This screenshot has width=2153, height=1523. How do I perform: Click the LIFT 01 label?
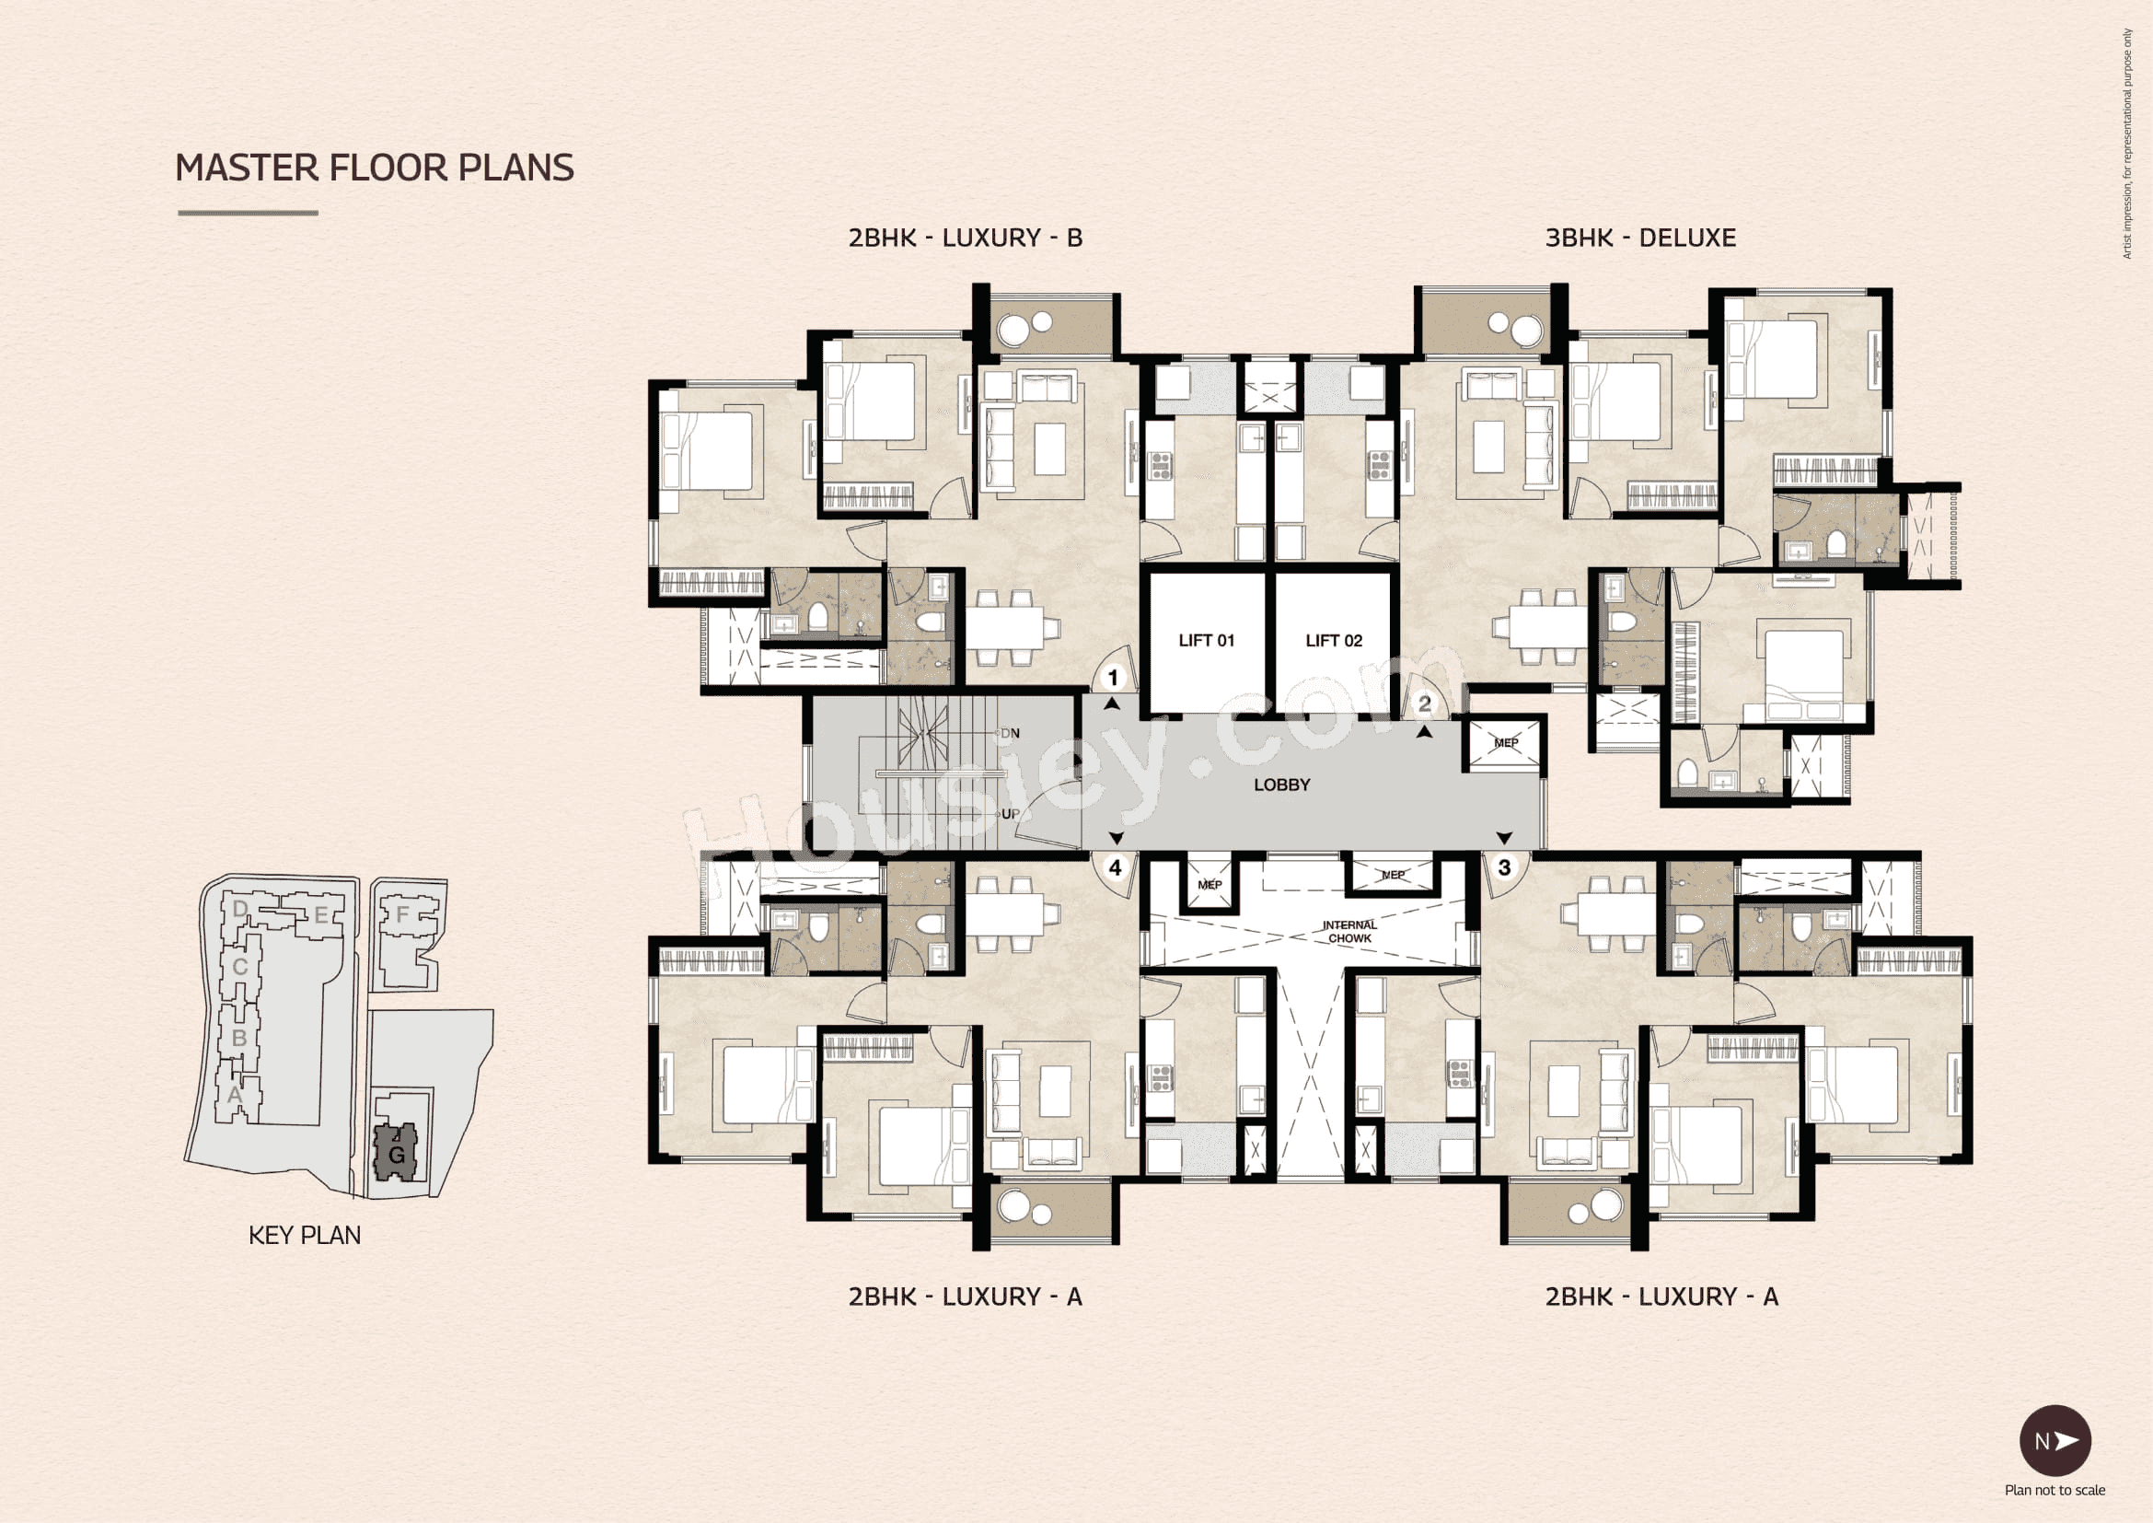(1206, 641)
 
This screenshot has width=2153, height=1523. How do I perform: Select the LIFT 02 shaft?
(1334, 641)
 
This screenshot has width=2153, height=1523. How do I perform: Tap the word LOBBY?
(1282, 785)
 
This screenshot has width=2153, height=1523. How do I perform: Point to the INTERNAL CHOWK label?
(1349, 931)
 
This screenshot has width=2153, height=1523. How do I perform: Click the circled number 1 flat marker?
(1113, 677)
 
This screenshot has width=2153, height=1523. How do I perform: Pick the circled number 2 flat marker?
(1425, 703)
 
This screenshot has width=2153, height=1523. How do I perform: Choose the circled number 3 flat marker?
(1504, 867)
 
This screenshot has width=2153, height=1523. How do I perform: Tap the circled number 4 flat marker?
(1115, 868)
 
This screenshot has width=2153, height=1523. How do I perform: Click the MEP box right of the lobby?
(1505, 743)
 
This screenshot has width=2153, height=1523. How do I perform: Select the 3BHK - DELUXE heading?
(1640, 238)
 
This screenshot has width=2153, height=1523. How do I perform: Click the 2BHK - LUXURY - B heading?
(965, 238)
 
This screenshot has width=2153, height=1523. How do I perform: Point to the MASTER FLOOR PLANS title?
(374, 168)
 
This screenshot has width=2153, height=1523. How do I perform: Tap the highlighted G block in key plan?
(397, 1154)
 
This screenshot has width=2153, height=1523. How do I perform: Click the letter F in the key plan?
(403, 913)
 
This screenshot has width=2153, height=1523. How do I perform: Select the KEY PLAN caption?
(305, 1235)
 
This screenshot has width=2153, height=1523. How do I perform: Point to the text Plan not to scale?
(2055, 1490)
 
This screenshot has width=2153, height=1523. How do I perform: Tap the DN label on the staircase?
(1010, 733)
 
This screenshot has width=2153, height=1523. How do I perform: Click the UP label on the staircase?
(1010, 814)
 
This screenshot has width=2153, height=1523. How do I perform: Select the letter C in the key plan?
(240, 967)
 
